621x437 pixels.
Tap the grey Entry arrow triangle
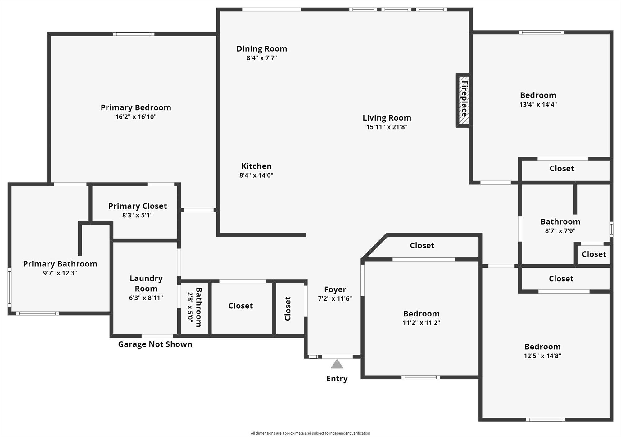(337, 364)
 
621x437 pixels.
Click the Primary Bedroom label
(136, 107)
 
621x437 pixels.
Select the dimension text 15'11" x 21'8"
(387, 127)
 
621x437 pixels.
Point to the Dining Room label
(262, 49)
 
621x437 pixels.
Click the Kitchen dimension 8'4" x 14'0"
(256, 175)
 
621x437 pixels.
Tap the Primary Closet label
(138, 206)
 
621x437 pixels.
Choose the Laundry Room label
(146, 283)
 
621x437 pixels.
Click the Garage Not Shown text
(155, 344)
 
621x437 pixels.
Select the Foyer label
(335, 289)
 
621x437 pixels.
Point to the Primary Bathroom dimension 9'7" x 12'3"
(60, 273)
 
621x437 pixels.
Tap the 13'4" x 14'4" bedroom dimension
(538, 104)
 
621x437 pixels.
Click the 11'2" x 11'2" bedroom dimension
(421, 323)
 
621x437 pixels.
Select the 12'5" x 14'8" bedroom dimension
(542, 356)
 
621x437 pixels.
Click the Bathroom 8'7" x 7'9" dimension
(560, 231)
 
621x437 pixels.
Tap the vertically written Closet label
(288, 308)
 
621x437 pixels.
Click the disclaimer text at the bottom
(310, 433)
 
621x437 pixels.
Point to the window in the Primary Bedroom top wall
(134, 34)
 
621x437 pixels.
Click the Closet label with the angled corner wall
(422, 245)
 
